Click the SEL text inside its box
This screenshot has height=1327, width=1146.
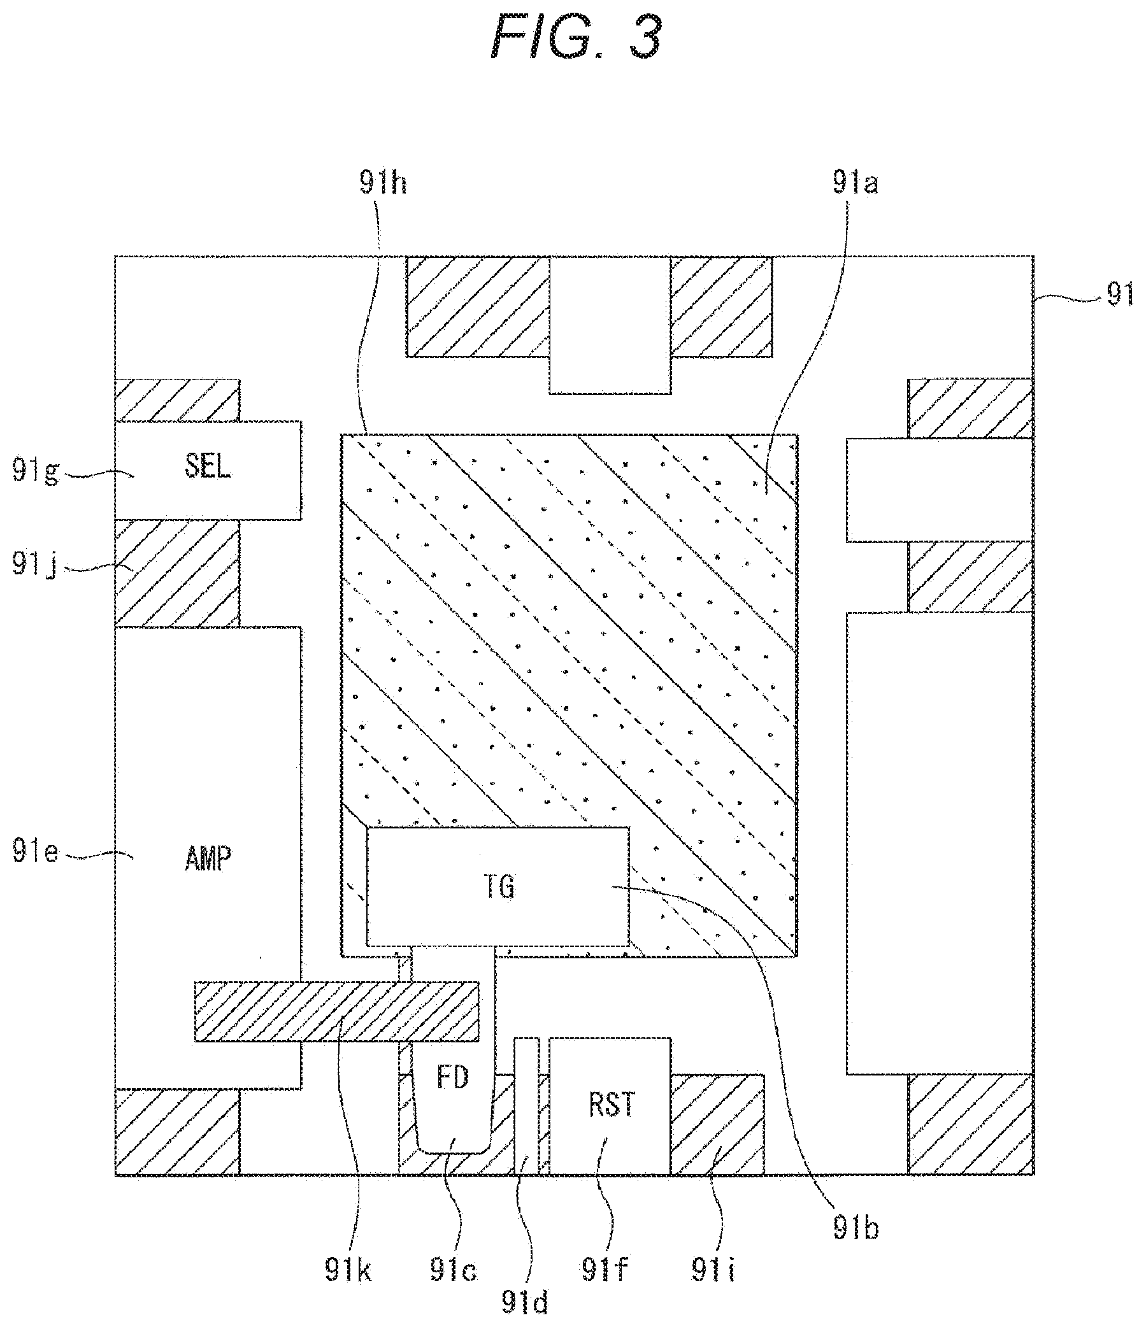pyautogui.click(x=208, y=467)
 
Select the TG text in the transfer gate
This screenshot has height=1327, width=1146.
pyautogui.click(x=498, y=888)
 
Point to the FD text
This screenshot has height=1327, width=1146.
pyautogui.click(x=453, y=1078)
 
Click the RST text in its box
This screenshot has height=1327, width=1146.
pyautogui.click(x=611, y=1105)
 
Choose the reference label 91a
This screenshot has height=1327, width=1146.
pyautogui.click(x=855, y=185)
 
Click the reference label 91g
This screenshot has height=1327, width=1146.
pyautogui.click(x=36, y=472)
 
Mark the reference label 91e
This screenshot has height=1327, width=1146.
pyautogui.click(x=36, y=853)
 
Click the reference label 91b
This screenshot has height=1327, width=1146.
pyautogui.click(x=856, y=1227)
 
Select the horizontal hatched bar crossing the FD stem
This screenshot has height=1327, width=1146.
pyautogui.click(x=337, y=1011)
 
